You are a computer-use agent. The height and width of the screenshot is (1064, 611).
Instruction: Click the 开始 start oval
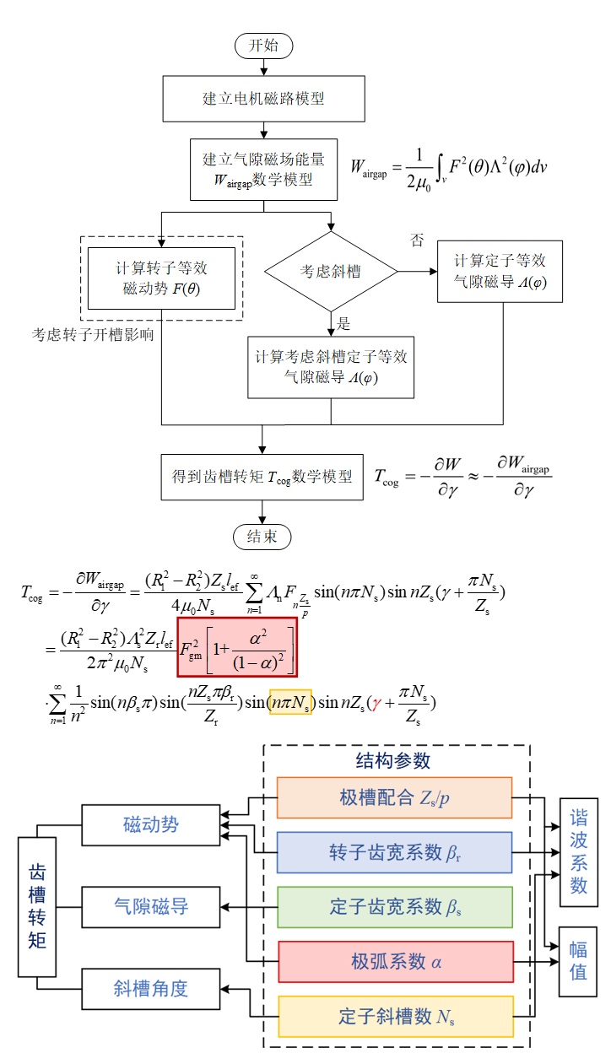coord(262,46)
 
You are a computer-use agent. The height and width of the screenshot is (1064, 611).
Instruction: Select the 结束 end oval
coord(262,536)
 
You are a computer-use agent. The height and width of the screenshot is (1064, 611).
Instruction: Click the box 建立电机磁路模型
coord(262,98)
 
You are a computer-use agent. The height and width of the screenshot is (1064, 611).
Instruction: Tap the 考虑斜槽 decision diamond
coord(331,272)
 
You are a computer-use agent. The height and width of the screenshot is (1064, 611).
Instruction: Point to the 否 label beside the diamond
coord(417,241)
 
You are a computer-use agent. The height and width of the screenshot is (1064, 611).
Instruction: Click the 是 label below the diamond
coord(343,323)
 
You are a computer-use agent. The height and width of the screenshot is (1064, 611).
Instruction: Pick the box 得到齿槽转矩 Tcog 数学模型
coord(262,476)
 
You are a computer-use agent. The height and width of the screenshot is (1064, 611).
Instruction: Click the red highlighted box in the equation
coord(237,647)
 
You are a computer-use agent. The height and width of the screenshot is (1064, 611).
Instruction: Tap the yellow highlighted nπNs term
coord(290,701)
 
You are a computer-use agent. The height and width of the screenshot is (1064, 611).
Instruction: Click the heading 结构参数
coord(393,760)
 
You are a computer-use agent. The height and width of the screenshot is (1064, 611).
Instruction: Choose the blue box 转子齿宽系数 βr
coord(394,852)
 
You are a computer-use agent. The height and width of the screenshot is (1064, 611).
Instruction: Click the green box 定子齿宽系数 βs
coord(394,907)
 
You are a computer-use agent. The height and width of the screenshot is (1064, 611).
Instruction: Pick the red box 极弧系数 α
coord(394,962)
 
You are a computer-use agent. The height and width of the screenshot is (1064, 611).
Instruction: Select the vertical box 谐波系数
coord(578,851)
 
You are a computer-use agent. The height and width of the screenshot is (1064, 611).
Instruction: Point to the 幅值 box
coord(578,959)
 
